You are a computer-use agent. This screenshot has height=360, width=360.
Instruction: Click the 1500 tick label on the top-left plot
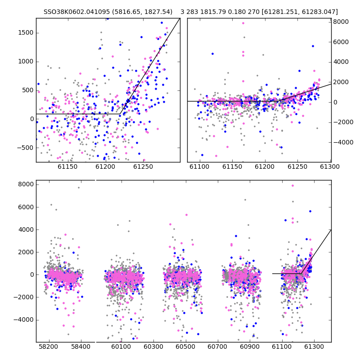click(26, 33)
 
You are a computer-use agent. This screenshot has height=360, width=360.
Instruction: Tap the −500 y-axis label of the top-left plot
click(25, 148)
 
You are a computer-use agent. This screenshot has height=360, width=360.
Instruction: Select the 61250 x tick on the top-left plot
click(143, 166)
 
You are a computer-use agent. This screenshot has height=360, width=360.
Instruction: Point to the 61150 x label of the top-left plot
click(67, 166)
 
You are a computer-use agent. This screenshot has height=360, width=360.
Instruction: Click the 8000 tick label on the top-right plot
click(341, 22)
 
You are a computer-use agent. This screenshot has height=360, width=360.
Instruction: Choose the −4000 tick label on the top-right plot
click(343, 142)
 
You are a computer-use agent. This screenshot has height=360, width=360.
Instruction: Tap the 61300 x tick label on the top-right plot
click(330, 166)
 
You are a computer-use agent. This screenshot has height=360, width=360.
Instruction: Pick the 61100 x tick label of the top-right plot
click(199, 166)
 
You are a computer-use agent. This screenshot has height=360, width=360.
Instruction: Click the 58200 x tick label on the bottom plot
click(49, 346)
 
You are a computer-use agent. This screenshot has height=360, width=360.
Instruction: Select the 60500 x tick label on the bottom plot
click(185, 346)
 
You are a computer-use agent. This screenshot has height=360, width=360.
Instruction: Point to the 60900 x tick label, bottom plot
click(250, 346)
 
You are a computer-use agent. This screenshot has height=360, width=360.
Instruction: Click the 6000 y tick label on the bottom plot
click(26, 207)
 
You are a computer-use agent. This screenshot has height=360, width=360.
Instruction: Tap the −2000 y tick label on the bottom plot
click(24, 297)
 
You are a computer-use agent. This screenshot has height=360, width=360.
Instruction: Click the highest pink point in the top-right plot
click(243, 23)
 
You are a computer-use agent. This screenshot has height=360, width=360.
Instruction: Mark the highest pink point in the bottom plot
click(292, 185)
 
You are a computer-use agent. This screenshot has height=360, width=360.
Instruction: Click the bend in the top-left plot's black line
click(120, 114)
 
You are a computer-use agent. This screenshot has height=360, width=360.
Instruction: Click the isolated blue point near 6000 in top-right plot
click(313, 46)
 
